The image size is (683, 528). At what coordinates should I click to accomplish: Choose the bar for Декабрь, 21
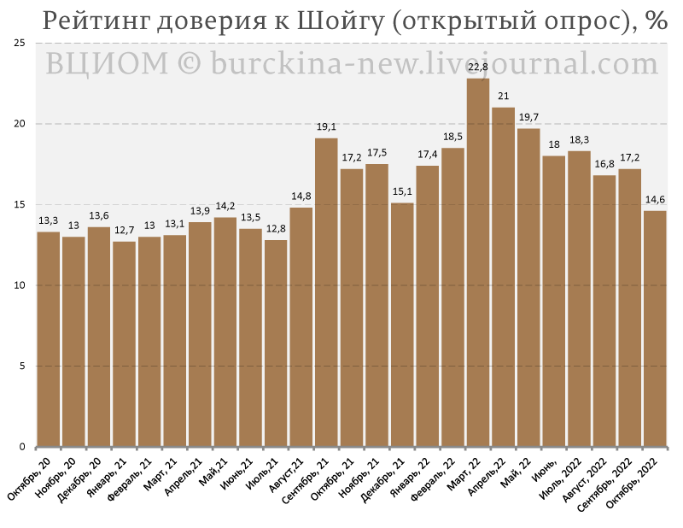(x=402, y=325)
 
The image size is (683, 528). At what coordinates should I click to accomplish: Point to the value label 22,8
(x=478, y=67)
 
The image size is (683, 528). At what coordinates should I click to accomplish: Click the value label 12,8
(x=276, y=229)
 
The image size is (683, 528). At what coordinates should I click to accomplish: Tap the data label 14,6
(x=655, y=200)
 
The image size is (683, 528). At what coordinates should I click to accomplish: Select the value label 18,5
(x=452, y=137)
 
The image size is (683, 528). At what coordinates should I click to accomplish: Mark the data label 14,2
(x=225, y=206)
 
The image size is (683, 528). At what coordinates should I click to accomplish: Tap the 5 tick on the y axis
(x=23, y=367)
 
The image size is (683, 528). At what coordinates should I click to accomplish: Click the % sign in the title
(x=656, y=21)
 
